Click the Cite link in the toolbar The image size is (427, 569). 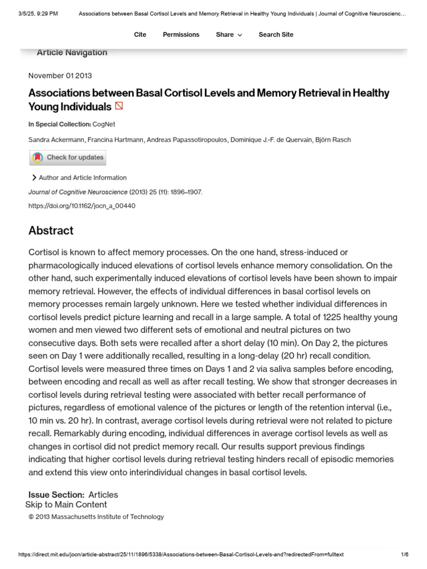click(x=140, y=34)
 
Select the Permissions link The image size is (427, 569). click(x=181, y=34)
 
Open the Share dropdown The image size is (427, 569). click(x=229, y=34)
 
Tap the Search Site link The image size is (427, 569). click(x=276, y=34)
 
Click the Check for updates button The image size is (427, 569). click(x=68, y=158)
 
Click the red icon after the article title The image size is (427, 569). click(x=119, y=106)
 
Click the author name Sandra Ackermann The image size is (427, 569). click(x=56, y=139)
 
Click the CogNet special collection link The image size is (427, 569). click(x=104, y=124)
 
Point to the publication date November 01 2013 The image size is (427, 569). click(x=60, y=76)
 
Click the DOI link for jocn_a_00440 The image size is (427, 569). click(x=82, y=206)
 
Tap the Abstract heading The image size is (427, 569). click(x=51, y=231)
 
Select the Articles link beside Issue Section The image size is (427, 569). click(x=103, y=495)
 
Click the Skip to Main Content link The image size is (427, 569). click(x=66, y=505)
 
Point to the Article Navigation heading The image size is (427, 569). click(x=72, y=53)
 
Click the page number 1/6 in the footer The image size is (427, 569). click(x=404, y=555)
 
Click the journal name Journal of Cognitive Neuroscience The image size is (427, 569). click(x=78, y=192)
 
